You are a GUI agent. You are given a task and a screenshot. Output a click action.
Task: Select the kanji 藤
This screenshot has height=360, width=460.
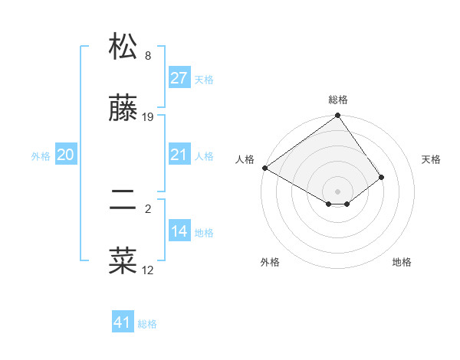coord(123,109)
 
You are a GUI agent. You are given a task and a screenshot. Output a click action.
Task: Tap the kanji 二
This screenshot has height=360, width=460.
coord(123,200)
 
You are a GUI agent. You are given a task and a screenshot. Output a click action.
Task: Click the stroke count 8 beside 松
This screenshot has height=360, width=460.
coord(148,55)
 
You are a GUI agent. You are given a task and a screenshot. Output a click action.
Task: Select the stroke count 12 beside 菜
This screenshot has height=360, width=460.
coord(148,270)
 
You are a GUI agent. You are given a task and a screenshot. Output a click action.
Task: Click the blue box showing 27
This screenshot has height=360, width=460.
coord(179,78)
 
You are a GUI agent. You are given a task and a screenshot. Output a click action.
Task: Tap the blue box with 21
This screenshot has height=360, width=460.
coord(179,155)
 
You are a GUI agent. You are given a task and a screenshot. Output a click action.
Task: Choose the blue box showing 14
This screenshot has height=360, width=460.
coord(179,231)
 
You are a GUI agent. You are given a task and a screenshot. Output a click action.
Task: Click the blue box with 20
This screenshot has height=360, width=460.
coord(65,155)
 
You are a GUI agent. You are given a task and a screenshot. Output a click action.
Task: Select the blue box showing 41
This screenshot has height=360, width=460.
coord(123,322)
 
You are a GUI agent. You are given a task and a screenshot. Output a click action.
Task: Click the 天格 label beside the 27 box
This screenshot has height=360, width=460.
coord(204,79)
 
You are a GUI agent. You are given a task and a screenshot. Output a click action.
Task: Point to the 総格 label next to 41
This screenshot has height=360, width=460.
coord(147,323)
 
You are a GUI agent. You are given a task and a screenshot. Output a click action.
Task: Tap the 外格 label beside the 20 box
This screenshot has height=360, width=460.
coord(41,155)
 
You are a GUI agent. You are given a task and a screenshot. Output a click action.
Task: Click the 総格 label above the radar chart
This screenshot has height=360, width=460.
coord(337,100)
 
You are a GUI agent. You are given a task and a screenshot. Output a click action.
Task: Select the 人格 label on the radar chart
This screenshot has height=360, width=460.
coord(245,159)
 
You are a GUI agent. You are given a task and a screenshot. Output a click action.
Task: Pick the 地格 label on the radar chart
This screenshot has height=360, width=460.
coord(402,262)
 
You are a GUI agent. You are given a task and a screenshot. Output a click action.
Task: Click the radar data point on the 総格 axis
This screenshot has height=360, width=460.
coord(337,116)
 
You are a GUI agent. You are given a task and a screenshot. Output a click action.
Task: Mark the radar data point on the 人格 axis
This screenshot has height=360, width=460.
coord(264,168)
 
